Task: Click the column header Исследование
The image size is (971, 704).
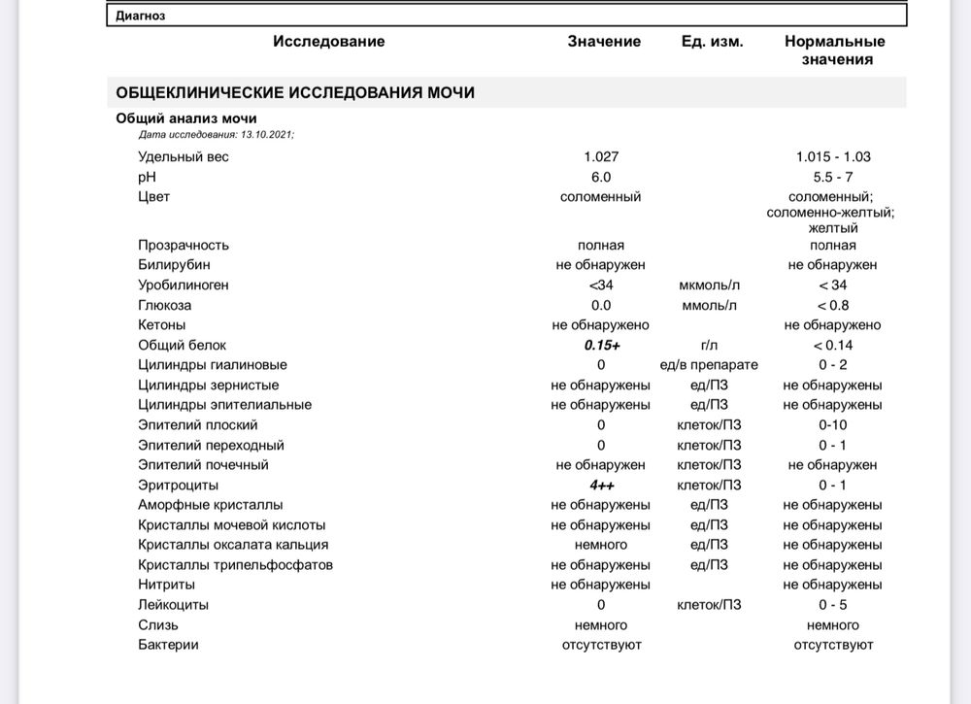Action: click(328, 42)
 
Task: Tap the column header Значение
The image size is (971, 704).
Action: click(604, 42)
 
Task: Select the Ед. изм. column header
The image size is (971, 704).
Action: click(712, 42)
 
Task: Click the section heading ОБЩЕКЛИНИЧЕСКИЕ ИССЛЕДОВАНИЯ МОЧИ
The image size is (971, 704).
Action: click(295, 93)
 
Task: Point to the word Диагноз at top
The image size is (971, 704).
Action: click(141, 16)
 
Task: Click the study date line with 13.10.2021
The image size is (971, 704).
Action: click(216, 135)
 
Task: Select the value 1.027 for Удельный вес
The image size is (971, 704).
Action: click(601, 157)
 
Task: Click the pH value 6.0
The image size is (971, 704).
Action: click(601, 177)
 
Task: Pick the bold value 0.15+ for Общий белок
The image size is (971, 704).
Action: click(602, 345)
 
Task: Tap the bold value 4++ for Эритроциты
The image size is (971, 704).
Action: click(601, 485)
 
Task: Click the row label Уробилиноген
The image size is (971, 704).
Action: click(184, 285)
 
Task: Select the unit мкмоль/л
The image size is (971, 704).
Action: click(709, 285)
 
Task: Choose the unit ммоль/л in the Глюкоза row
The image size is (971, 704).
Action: click(709, 305)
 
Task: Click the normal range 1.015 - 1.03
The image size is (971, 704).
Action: click(833, 157)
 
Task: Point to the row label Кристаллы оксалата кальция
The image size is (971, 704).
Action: click(233, 545)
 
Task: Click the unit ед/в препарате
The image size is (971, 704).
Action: click(709, 365)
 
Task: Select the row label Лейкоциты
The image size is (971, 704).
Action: click(174, 605)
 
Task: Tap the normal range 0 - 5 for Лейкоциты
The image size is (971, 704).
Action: click(833, 605)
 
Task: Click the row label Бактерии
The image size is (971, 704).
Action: click(168, 645)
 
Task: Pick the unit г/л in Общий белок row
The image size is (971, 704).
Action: click(709, 345)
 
